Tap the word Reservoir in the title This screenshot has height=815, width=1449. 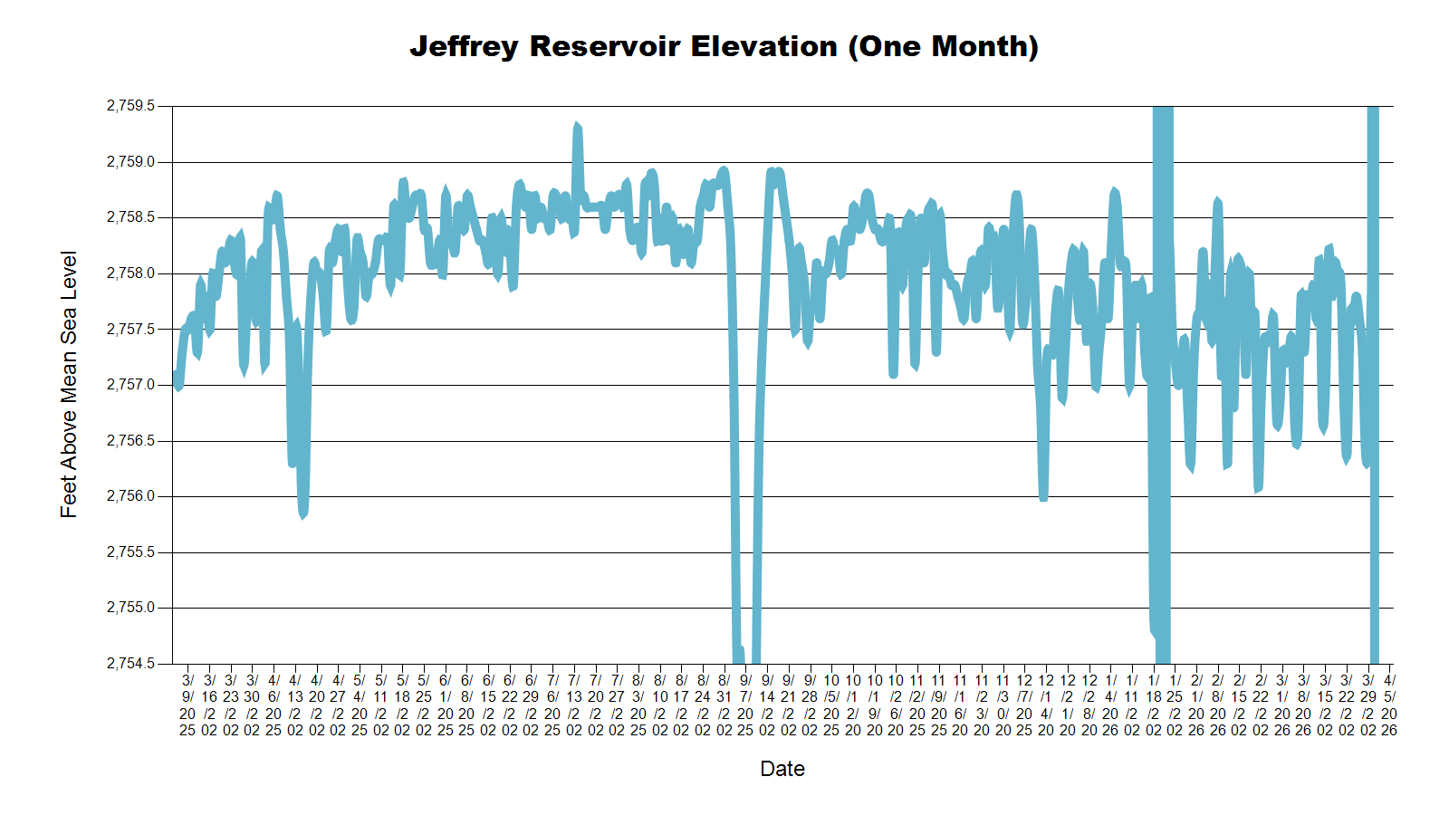[x=605, y=47]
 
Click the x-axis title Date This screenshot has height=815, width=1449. [x=782, y=769]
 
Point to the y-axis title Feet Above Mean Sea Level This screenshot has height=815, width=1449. [x=69, y=384]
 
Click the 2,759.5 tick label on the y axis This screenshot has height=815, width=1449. [x=130, y=106]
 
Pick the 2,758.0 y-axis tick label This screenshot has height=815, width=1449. [x=130, y=273]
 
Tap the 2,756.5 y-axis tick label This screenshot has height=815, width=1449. [x=130, y=441]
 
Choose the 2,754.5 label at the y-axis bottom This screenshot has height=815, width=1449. [x=130, y=664]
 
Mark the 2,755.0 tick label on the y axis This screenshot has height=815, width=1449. [x=130, y=608]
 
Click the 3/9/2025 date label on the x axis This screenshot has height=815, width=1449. [x=187, y=705]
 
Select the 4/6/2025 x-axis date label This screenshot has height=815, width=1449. [x=273, y=705]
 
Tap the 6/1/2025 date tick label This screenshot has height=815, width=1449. [x=445, y=705]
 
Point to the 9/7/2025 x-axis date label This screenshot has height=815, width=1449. [x=745, y=705]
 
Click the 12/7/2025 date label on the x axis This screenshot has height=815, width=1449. [x=1024, y=705]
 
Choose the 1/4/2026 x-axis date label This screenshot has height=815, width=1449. [x=1110, y=705]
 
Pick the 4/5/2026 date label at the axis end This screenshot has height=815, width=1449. [x=1389, y=705]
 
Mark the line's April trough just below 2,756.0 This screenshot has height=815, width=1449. [x=303, y=514]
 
